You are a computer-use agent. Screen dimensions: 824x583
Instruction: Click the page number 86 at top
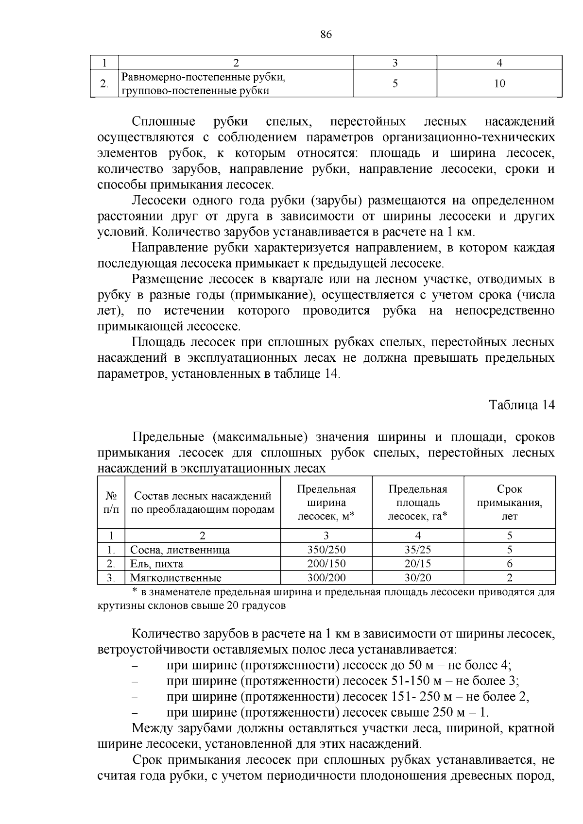tap(326, 35)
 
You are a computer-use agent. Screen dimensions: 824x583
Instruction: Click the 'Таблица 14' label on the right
tap(521, 405)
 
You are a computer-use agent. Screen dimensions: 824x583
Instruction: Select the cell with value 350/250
tap(326, 550)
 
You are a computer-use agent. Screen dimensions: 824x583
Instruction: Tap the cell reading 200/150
tap(326, 564)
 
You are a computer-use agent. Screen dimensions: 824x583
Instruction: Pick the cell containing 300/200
tap(326, 577)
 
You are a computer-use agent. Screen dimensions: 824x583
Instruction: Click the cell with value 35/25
tap(418, 550)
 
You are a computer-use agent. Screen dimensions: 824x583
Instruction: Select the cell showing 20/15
tap(418, 564)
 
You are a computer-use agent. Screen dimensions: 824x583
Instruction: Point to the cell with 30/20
tap(418, 577)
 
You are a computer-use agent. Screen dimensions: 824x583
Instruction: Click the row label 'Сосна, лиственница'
tap(180, 550)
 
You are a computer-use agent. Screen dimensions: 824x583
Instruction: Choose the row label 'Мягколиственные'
tap(175, 578)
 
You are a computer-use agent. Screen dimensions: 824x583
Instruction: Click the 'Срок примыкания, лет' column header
tap(509, 503)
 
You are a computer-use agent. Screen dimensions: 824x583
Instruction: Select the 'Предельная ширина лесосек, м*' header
tap(326, 503)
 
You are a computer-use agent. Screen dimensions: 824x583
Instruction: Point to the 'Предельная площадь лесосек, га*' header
tap(418, 503)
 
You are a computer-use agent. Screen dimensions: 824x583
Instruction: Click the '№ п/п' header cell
tap(111, 503)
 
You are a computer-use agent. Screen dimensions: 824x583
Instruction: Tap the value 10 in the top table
tap(499, 84)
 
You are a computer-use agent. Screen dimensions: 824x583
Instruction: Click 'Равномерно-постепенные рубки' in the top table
tap(203, 77)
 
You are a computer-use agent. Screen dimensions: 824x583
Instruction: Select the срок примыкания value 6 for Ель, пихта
tap(509, 564)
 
